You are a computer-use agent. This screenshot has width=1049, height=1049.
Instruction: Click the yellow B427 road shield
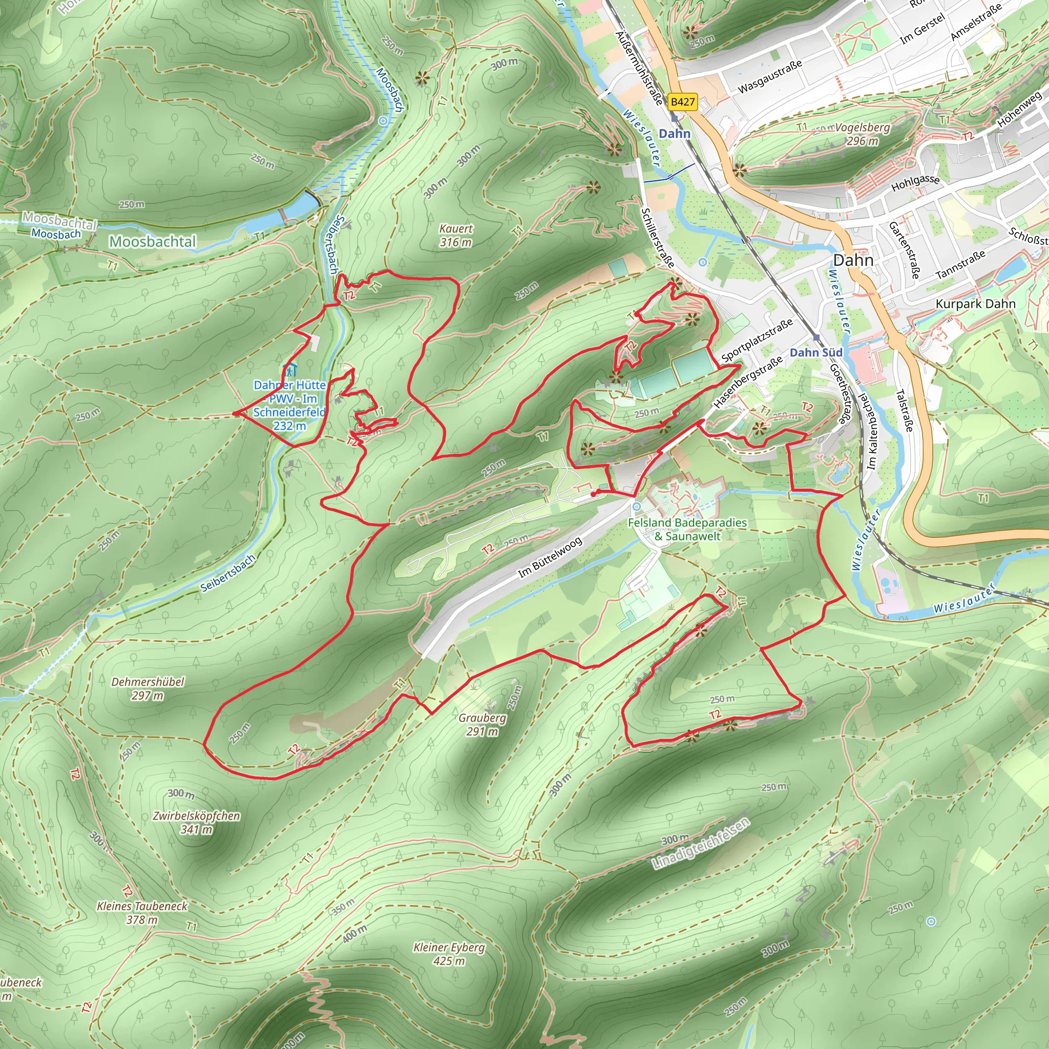click(x=682, y=101)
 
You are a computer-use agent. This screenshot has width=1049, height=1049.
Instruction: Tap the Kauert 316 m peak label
click(x=455, y=236)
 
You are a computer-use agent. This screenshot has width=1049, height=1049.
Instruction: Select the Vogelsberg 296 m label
click(x=862, y=134)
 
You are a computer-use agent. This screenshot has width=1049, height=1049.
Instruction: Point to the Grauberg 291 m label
click(x=482, y=724)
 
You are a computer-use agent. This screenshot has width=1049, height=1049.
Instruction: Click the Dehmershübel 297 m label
click(x=148, y=688)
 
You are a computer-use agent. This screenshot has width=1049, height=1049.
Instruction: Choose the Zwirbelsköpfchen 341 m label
click(x=196, y=822)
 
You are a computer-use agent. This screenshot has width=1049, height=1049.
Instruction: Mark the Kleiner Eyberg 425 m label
click(x=449, y=954)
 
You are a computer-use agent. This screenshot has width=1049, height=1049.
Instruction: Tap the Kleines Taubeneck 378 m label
click(x=142, y=912)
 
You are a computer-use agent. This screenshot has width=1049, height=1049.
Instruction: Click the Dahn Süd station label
click(x=815, y=352)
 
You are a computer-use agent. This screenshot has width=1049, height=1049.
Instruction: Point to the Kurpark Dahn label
click(x=975, y=304)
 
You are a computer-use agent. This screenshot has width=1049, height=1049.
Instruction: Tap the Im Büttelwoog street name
click(x=550, y=557)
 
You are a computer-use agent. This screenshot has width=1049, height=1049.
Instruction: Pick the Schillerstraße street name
click(x=658, y=238)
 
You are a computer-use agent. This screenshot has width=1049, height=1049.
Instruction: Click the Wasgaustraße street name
click(x=769, y=76)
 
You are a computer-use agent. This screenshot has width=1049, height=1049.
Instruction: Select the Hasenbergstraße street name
click(x=748, y=382)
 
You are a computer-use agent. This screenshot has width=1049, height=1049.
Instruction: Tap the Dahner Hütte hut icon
click(x=289, y=371)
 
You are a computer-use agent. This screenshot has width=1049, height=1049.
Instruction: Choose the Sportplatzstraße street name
click(x=757, y=341)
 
